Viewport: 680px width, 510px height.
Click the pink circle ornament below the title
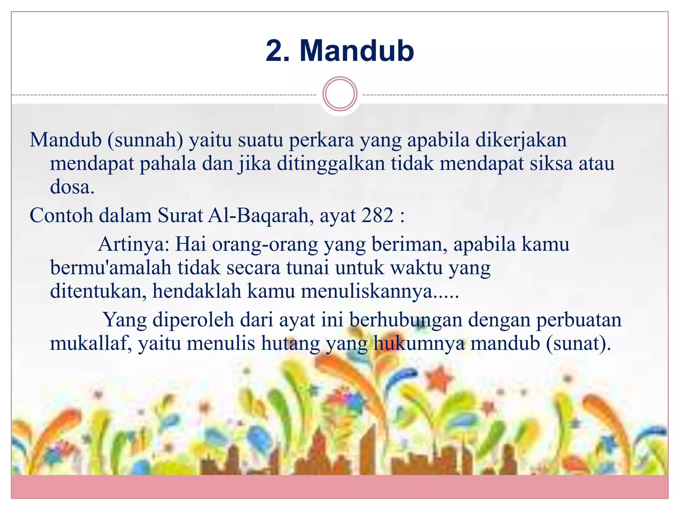[x=340, y=94]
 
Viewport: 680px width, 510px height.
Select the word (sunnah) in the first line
[x=145, y=140]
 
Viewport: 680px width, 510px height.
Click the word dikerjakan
[x=521, y=140]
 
